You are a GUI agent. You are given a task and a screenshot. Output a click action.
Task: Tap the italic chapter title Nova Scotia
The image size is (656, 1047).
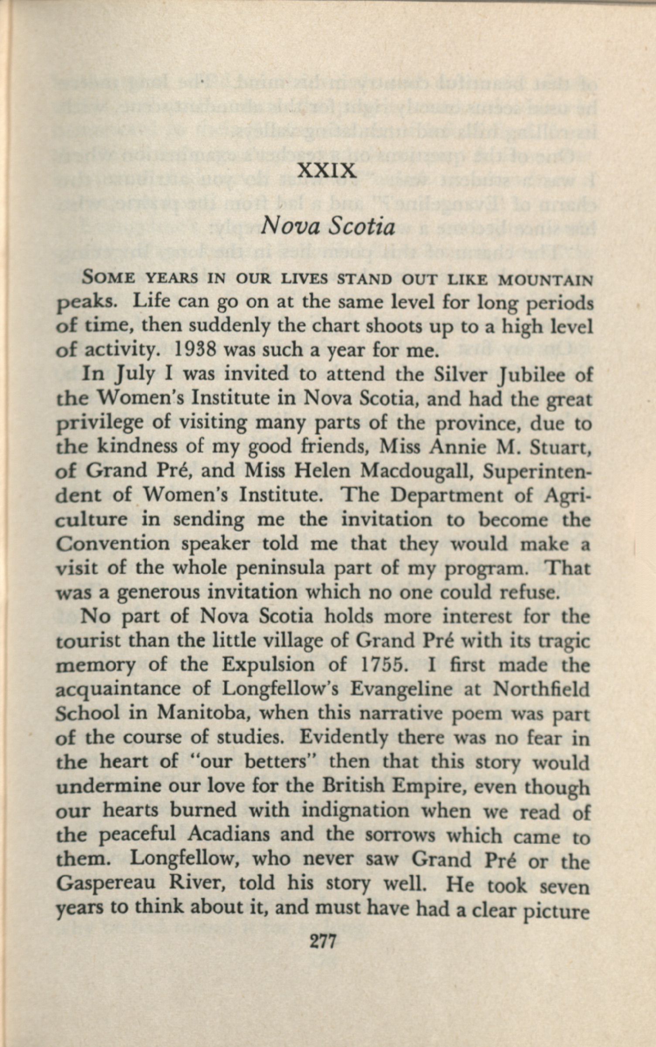(327, 227)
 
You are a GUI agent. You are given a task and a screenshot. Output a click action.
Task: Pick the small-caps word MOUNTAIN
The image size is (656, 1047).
(545, 280)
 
